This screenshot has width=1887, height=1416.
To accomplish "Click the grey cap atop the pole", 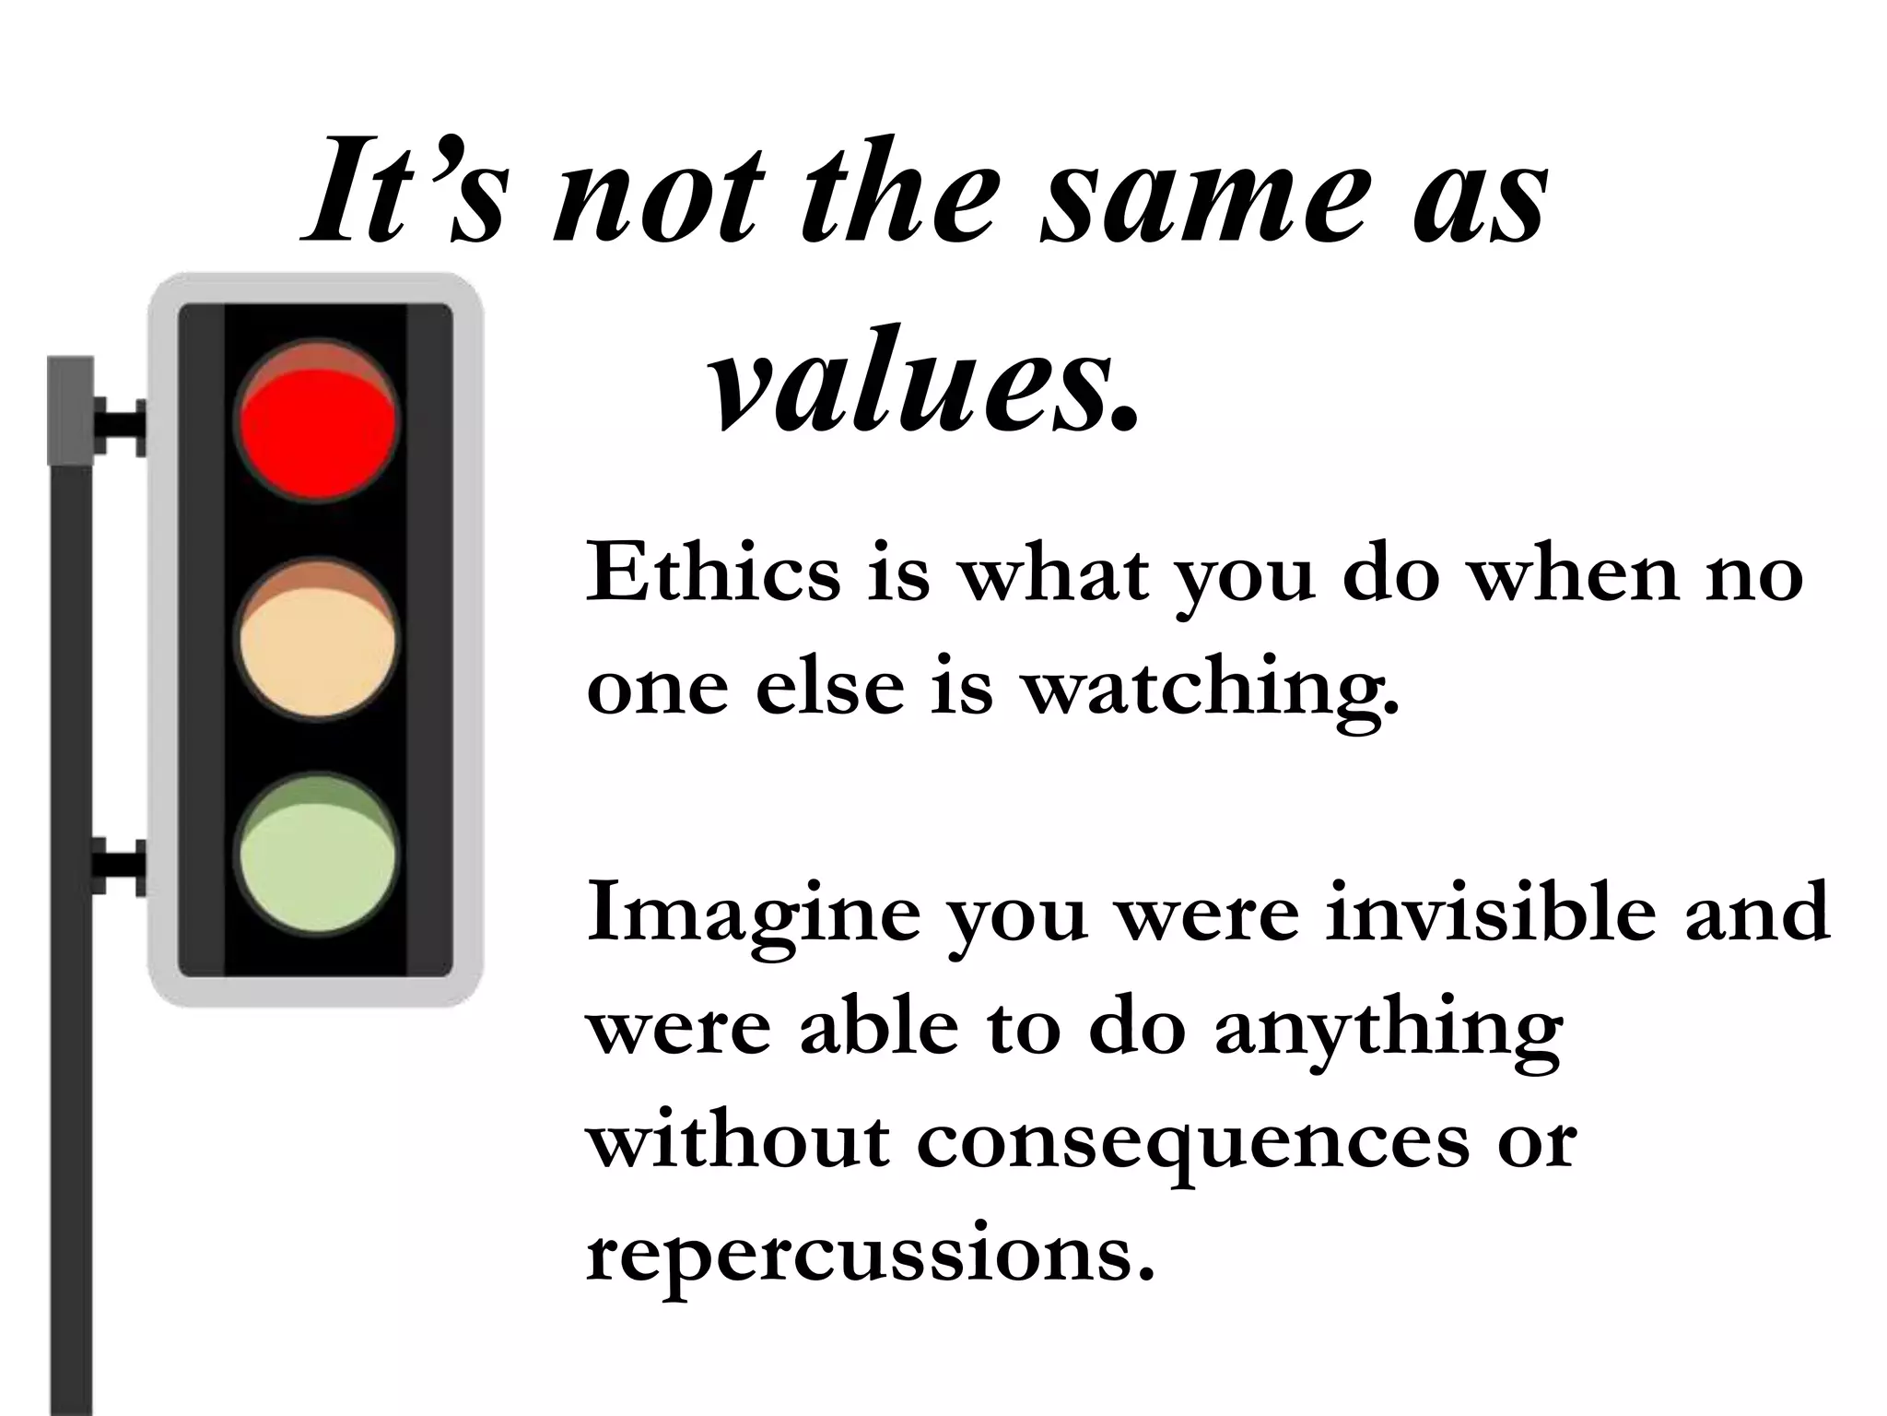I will (70, 410).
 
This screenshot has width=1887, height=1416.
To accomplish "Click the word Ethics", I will (713, 573).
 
